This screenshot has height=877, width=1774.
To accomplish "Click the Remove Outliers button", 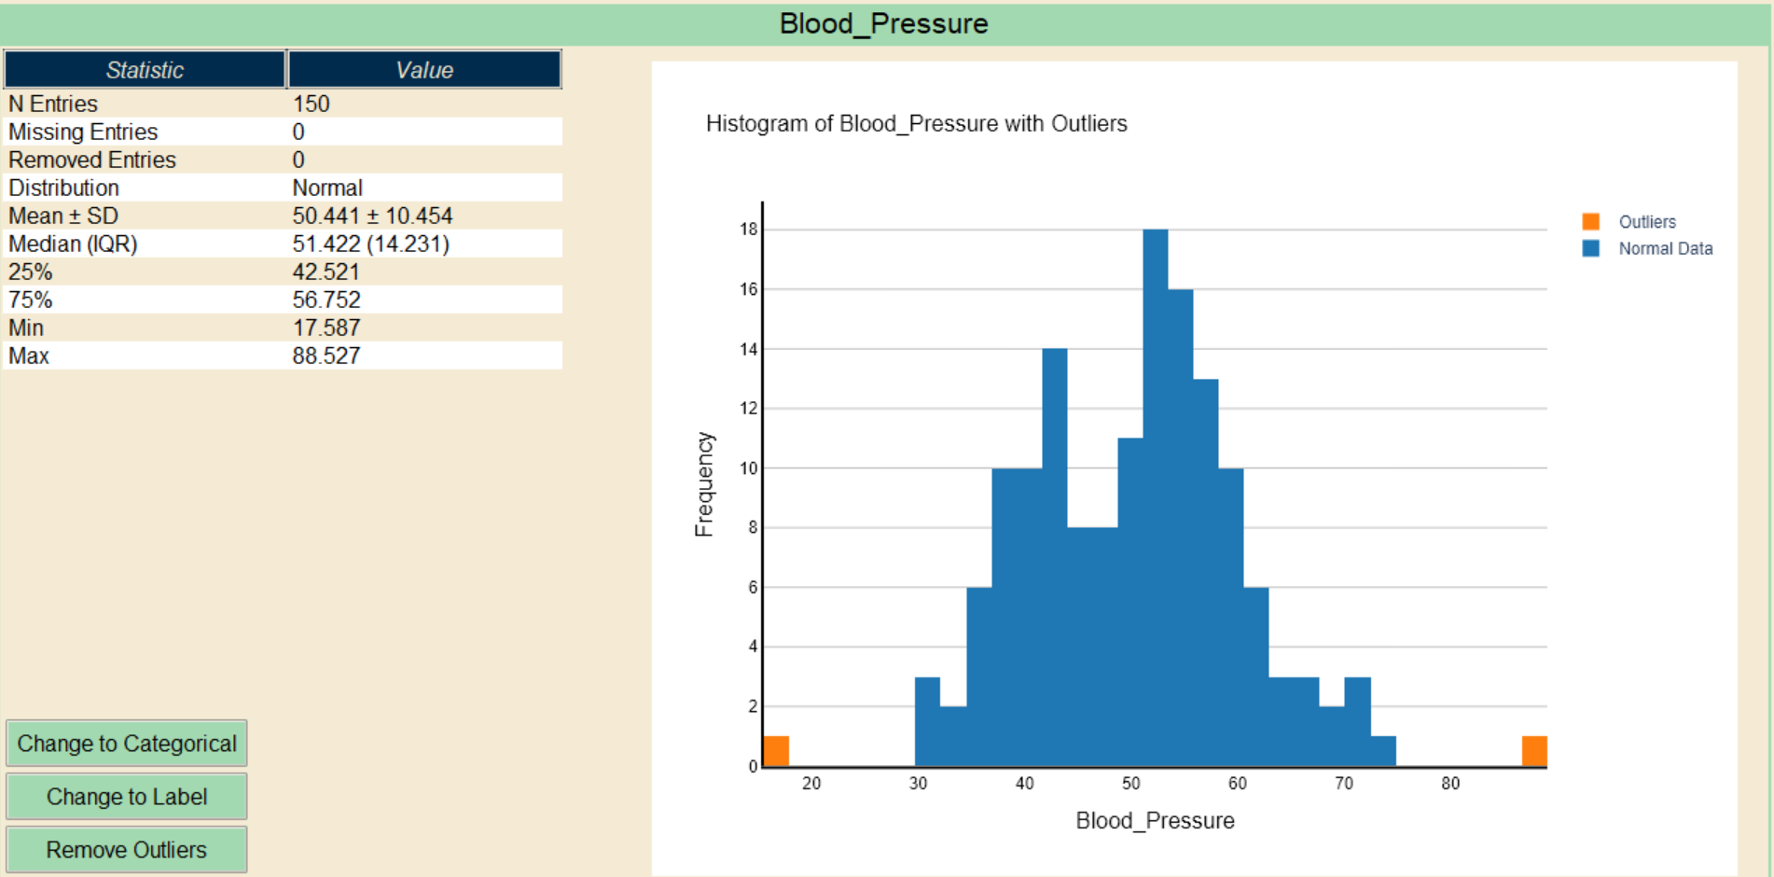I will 127,850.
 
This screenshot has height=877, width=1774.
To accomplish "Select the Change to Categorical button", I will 127,744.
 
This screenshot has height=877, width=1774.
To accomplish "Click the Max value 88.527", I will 326,355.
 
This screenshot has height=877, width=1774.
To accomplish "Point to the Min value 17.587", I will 326,327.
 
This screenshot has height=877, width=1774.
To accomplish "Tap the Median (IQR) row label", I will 73,244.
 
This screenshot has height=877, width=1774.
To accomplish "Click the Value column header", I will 424,70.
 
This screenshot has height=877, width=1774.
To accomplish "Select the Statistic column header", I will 145,70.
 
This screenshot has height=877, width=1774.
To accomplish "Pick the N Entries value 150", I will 312,104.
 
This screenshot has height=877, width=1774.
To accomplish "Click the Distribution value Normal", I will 327,188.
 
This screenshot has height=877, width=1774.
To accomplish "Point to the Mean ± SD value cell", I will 372,216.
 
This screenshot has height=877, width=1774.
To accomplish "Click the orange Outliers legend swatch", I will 1591,222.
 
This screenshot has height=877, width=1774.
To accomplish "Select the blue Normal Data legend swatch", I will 1591,249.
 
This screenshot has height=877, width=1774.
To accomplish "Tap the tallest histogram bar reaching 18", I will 1156,494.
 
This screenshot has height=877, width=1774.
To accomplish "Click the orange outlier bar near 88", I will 1534,751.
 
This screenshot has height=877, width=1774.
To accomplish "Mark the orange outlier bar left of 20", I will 776,751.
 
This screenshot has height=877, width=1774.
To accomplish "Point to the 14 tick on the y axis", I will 749,349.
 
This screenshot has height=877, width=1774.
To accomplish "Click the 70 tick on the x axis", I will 1344,784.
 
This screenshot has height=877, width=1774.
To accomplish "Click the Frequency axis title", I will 704,484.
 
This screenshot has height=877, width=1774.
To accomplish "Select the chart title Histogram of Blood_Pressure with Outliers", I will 916,123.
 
